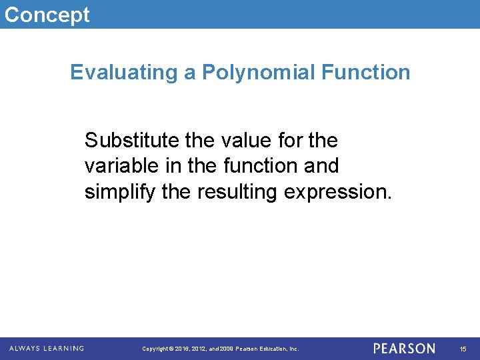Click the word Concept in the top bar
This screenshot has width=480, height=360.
pyautogui.click(x=47, y=14)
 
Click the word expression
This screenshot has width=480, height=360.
pyautogui.click(x=339, y=192)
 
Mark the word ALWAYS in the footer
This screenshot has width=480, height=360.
pyautogui.click(x=26, y=348)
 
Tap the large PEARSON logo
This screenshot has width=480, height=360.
pyautogui.click(x=404, y=349)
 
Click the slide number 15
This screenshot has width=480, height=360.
pyautogui.click(x=463, y=349)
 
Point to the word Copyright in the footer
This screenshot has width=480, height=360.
pyautogui.click(x=155, y=349)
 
